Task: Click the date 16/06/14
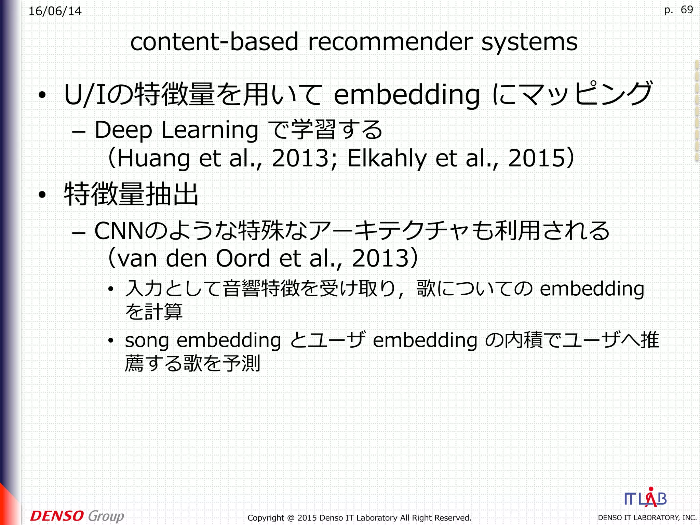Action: [x=55, y=11]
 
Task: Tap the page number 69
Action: [x=686, y=10]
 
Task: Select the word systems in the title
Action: [x=529, y=42]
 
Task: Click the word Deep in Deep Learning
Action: [x=123, y=131]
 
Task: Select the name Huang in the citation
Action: [x=154, y=159]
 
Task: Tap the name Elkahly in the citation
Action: [x=387, y=159]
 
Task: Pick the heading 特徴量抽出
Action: [x=131, y=194]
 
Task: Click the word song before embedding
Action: [x=147, y=341]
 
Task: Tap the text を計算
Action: [x=154, y=311]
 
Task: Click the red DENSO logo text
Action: [x=57, y=516]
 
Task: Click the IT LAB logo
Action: [x=645, y=498]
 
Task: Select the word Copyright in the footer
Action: [x=266, y=518]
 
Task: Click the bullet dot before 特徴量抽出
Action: [x=42, y=195]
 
